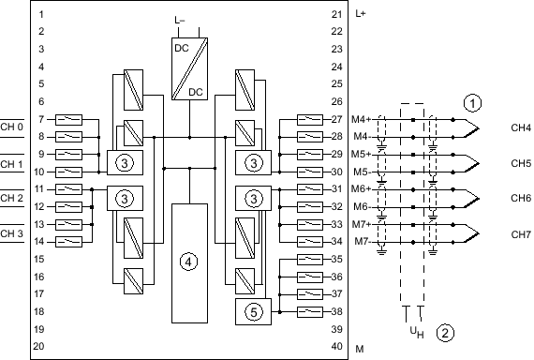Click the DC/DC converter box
189,68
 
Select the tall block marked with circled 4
189,263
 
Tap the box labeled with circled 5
253,311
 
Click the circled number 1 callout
473,103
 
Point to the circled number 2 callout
445,333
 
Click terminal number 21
336,14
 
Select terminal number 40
336,346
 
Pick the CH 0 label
11,127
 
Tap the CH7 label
521,234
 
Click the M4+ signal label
361,119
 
